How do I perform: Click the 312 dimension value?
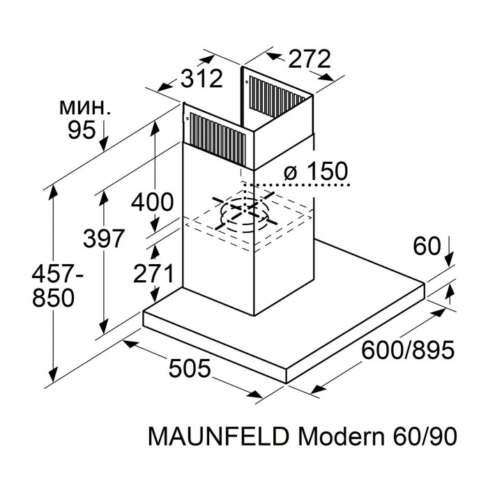pos(201,79)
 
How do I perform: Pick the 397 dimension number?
pos(103,238)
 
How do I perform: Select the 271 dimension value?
pos(152,275)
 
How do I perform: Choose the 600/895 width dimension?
pos(409,349)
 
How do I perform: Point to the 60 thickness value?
pos(427,246)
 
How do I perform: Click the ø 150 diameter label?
pos(316,171)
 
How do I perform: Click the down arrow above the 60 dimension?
pos(447,251)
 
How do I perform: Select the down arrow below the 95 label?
pos(104,136)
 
